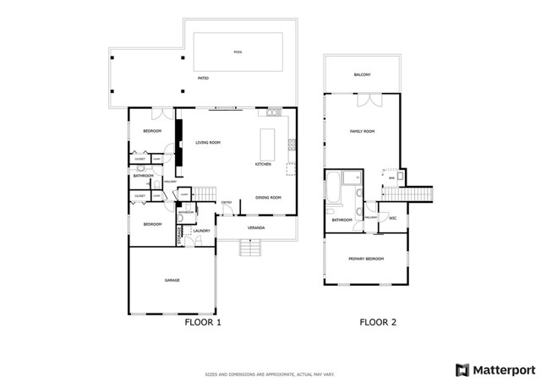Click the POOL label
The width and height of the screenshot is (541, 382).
click(x=238, y=52)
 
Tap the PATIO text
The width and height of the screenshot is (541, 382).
click(x=203, y=79)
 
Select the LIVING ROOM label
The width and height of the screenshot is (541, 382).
click(x=208, y=143)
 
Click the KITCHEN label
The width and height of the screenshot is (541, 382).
click(x=263, y=164)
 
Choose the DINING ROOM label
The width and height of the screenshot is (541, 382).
click(x=268, y=198)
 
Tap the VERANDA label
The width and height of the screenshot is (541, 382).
click(x=256, y=228)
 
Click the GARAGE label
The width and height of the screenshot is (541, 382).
click(x=172, y=280)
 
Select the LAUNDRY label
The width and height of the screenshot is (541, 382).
click(x=201, y=231)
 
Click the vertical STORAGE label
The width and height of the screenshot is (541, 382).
click(x=179, y=232)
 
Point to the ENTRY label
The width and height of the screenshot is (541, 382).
click(x=227, y=202)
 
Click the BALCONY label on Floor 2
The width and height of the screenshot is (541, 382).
click(x=364, y=74)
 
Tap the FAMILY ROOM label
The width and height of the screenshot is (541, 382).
click(x=363, y=132)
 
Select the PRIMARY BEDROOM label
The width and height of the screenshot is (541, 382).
click(x=367, y=259)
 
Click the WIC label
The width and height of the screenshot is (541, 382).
click(x=392, y=218)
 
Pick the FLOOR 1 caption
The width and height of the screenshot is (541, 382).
click(x=202, y=322)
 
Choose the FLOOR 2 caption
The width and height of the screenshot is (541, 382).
click(x=378, y=322)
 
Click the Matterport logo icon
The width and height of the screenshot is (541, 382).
click(x=462, y=369)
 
